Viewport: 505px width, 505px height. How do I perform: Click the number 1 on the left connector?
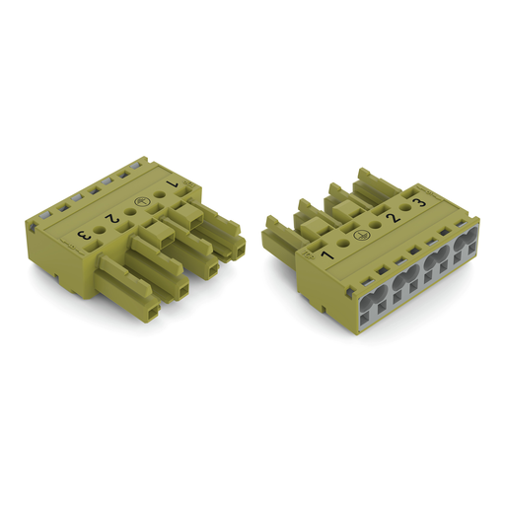point(173,184)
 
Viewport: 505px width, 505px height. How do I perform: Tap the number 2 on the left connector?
point(111,218)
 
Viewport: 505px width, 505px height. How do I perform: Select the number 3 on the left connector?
point(83,235)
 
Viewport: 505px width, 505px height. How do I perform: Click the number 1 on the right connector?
point(327,255)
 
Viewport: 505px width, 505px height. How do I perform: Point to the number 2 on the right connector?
point(393,218)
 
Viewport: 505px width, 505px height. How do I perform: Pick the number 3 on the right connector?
point(419,202)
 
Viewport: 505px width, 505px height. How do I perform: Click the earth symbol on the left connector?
point(138,202)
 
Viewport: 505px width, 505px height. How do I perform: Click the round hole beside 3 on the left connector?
point(100,230)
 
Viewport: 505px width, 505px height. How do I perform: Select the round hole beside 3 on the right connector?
point(406,208)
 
